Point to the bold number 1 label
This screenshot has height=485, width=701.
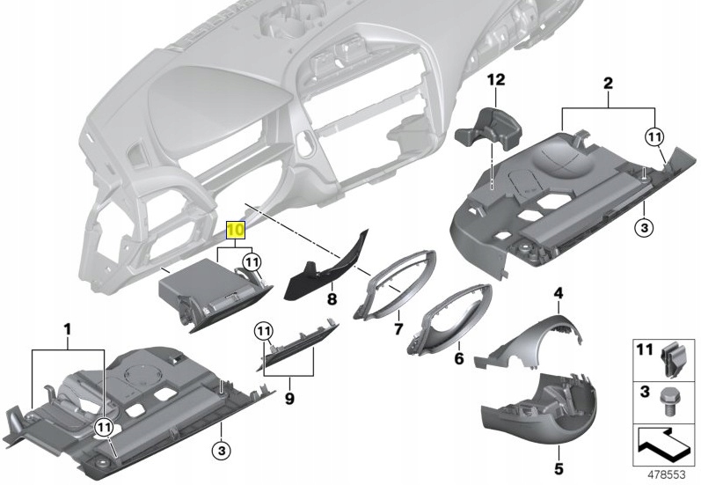pos(67,329)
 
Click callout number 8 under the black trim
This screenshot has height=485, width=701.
pos(332,299)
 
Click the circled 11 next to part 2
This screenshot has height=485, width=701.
pos(653,136)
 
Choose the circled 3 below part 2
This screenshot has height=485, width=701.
pos(644,227)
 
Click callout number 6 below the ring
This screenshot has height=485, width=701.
pos(458,358)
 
